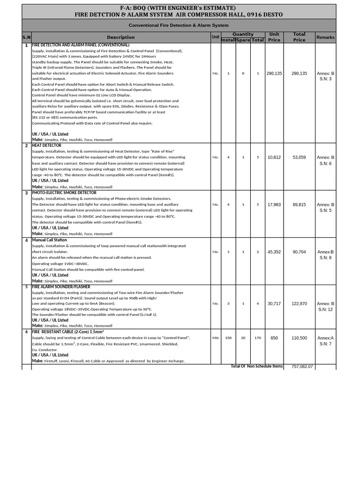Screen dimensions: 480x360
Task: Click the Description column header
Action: click(x=120, y=37)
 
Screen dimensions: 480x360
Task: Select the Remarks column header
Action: click(x=325, y=37)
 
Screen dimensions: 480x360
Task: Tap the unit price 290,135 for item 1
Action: click(x=274, y=74)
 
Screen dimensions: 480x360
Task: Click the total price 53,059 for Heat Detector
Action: click(x=299, y=157)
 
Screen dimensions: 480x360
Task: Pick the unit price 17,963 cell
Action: click(x=274, y=205)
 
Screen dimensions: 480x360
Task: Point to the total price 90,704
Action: click(x=299, y=252)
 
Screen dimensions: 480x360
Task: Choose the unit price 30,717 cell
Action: click(x=274, y=304)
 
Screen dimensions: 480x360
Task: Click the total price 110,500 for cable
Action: click(x=299, y=338)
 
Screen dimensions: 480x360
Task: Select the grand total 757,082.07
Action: click(x=302, y=367)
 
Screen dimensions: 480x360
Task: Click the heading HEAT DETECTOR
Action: click(x=46, y=145)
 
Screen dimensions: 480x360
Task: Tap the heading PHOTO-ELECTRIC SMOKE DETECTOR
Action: click(x=64, y=193)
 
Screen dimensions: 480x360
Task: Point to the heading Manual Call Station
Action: click(x=49, y=240)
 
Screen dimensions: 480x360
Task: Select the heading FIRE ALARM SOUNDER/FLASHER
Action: click(x=61, y=287)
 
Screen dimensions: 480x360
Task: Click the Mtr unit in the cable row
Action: click(x=216, y=338)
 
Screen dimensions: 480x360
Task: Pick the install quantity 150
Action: click(x=228, y=338)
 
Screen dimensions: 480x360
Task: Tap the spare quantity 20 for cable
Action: click(x=243, y=338)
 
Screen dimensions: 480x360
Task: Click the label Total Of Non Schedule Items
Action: click(x=256, y=366)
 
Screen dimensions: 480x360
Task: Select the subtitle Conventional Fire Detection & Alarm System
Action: click(x=179, y=25)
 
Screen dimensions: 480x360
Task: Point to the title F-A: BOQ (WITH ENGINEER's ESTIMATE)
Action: click(x=179, y=8)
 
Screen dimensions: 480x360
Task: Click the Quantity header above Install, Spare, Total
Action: click(x=243, y=34)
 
